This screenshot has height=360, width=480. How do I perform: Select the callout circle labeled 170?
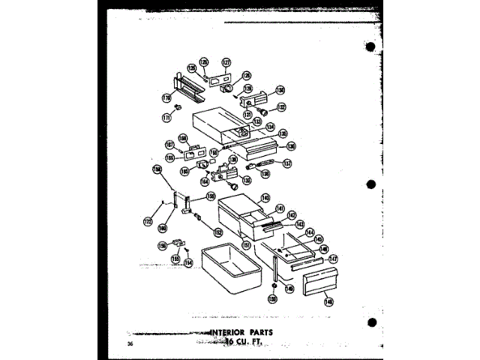pyautogui.click(x=166, y=98)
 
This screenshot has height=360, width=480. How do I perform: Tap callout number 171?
pyautogui.click(x=166, y=117)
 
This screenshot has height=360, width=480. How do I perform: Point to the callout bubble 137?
pyautogui.click(x=287, y=163)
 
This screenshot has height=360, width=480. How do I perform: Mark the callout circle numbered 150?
pyautogui.click(x=272, y=298)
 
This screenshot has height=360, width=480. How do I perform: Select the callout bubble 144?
pyautogui.click(x=309, y=233)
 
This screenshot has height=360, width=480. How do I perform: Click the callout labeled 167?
pyautogui.click(x=169, y=145)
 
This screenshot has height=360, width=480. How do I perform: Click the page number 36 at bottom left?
pyautogui.click(x=130, y=344)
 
